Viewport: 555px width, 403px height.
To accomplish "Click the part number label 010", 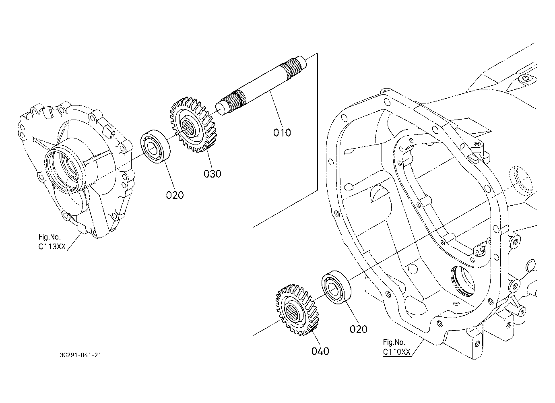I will [x=282, y=132].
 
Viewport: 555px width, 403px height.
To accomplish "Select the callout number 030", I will [x=212, y=174].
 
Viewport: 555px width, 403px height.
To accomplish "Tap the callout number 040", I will [x=320, y=351].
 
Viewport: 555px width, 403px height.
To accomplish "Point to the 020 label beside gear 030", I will [x=175, y=195].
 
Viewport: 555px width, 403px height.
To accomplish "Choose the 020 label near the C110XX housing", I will [x=358, y=329].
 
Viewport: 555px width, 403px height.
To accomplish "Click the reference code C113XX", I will [x=52, y=247].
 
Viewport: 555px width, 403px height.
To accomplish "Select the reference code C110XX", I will [x=396, y=352].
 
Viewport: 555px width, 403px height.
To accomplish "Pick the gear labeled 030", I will [x=192, y=125].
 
